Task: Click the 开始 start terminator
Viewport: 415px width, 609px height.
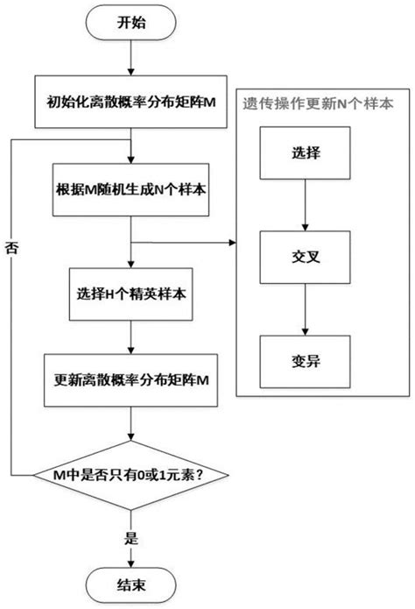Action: pyautogui.click(x=130, y=25)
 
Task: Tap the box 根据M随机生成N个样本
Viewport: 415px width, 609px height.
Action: pyautogui.click(x=130, y=188)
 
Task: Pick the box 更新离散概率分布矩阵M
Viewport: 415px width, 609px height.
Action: pyautogui.click(x=130, y=382)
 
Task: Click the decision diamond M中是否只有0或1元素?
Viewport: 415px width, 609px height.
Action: pyautogui.click(x=130, y=476)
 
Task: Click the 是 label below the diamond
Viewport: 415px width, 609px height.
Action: pyautogui.click(x=130, y=531)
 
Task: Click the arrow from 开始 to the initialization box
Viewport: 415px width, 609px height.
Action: pyautogui.click(x=130, y=61)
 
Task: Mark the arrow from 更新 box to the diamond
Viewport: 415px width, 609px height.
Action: pyautogui.click(x=130, y=428)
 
